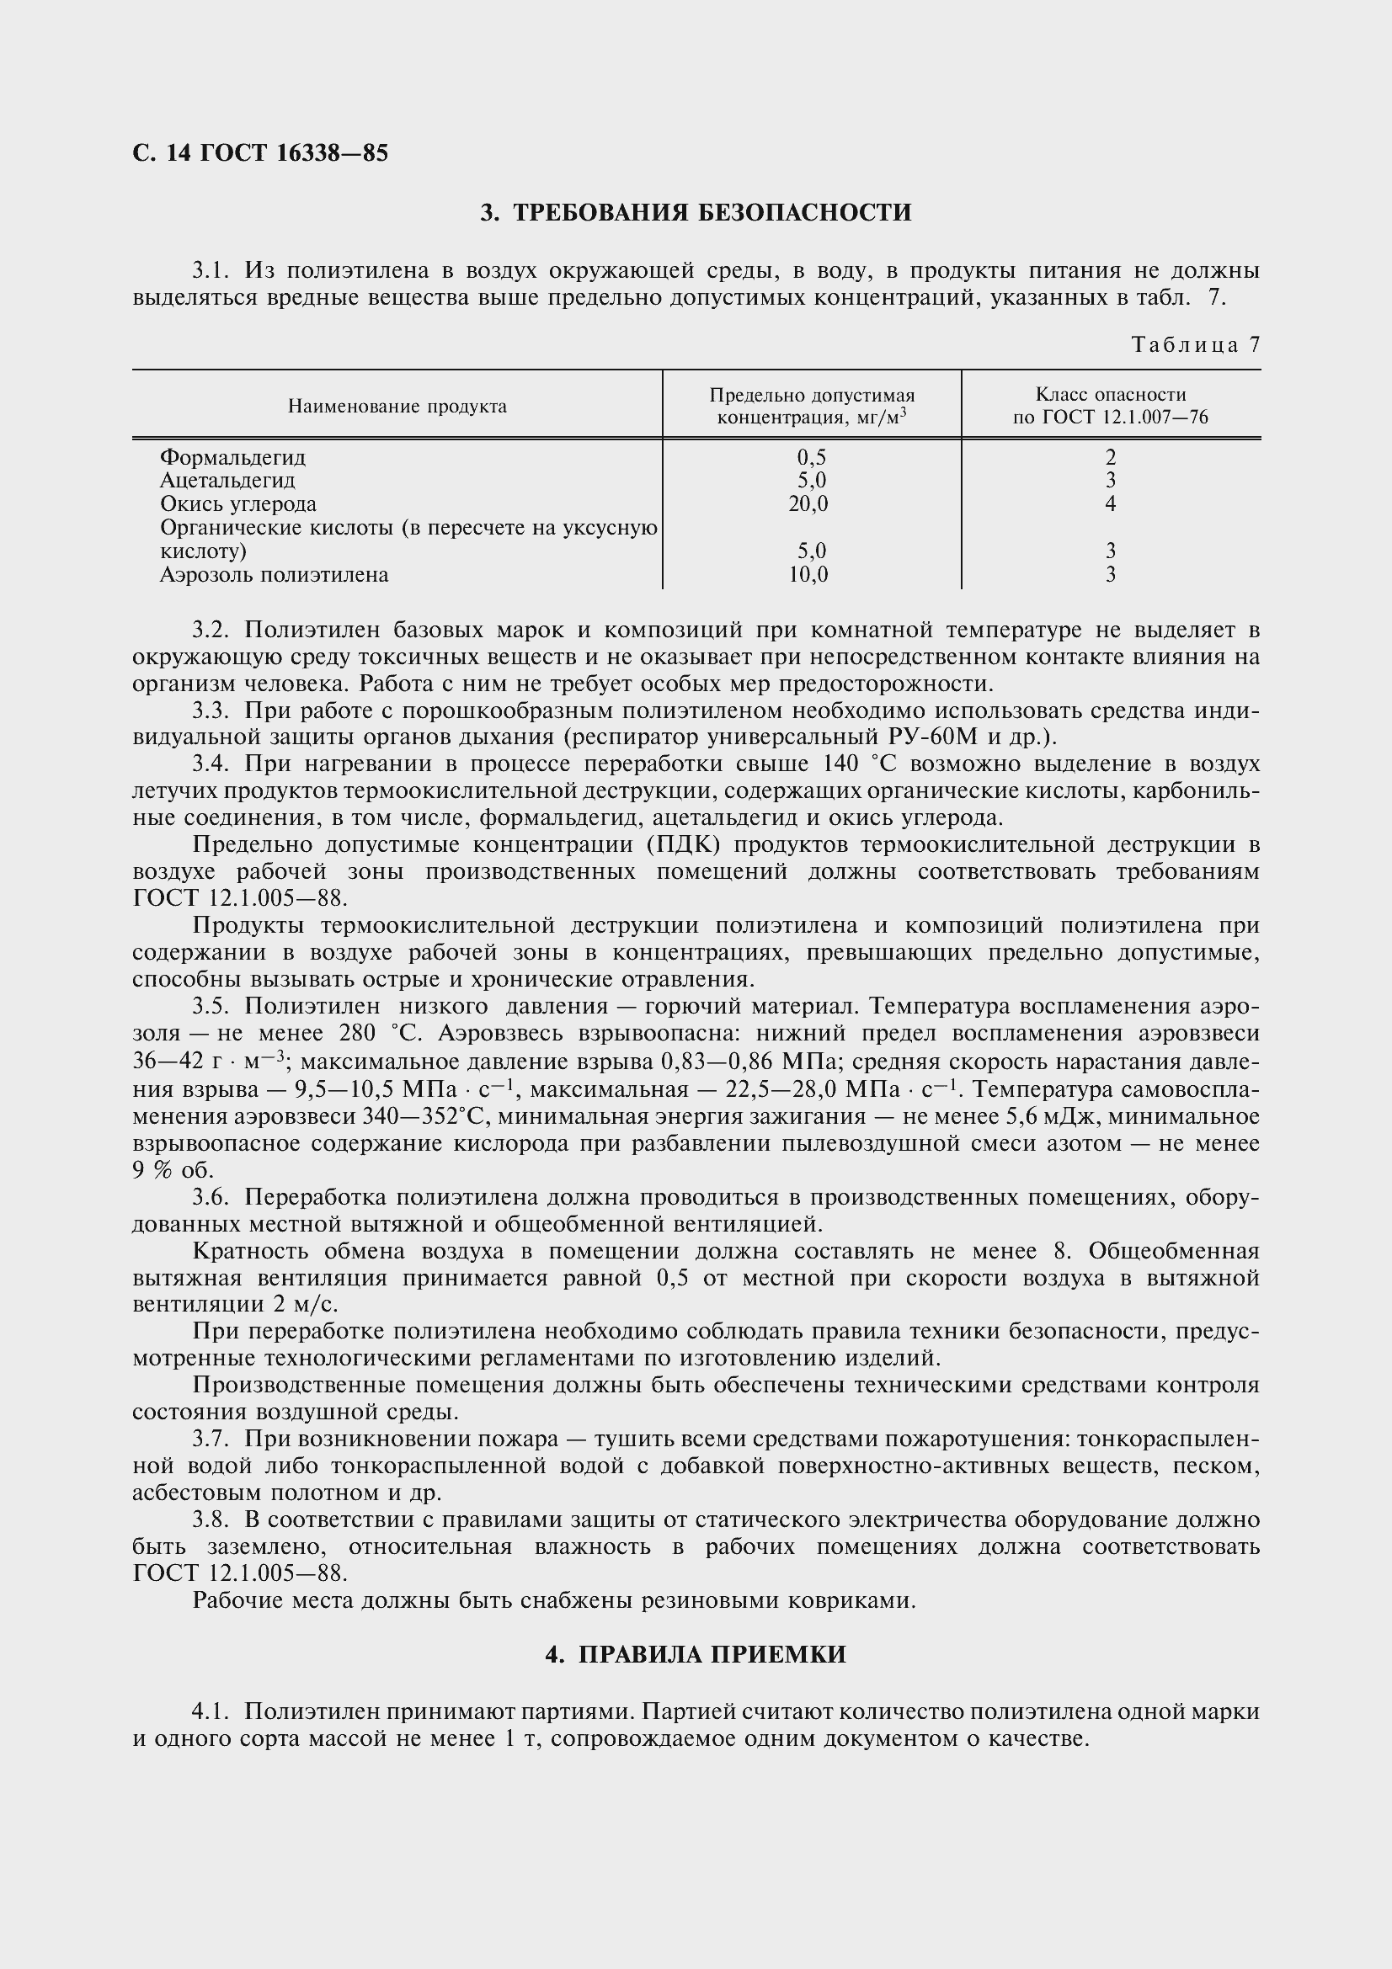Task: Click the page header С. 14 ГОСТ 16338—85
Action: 261,152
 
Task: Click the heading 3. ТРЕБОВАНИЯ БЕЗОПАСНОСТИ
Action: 696,212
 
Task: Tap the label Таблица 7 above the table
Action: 1196,345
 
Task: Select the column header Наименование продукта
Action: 397,407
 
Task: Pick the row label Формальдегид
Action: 232,457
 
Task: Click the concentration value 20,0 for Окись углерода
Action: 808,504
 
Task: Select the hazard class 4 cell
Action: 1110,504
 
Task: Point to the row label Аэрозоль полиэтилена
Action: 274,575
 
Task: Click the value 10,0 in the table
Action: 808,575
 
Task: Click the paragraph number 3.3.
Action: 212,710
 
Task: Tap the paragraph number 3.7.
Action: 212,1439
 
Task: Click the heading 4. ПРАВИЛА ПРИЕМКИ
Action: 696,1655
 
